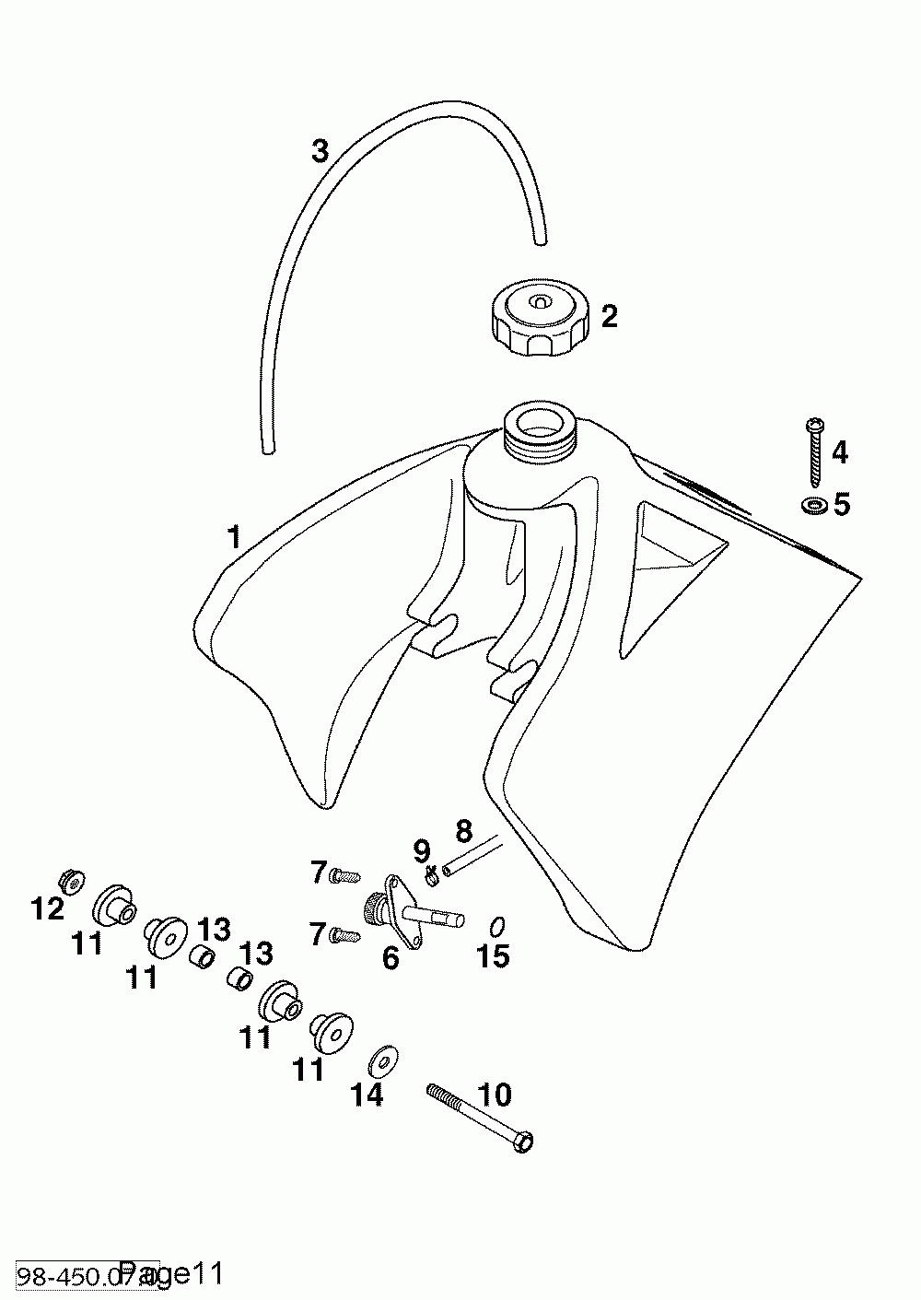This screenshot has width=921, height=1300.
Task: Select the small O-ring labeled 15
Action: click(495, 925)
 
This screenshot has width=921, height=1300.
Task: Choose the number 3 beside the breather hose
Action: click(320, 151)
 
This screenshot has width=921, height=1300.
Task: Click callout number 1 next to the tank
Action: click(234, 536)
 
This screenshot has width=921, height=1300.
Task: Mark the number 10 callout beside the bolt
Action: click(495, 1095)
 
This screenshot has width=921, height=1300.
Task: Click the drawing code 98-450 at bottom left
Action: click(55, 1275)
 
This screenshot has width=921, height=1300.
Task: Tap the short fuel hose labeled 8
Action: click(472, 854)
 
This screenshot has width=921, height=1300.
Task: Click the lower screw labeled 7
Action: click(344, 935)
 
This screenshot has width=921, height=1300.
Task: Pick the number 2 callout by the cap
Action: click(609, 317)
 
